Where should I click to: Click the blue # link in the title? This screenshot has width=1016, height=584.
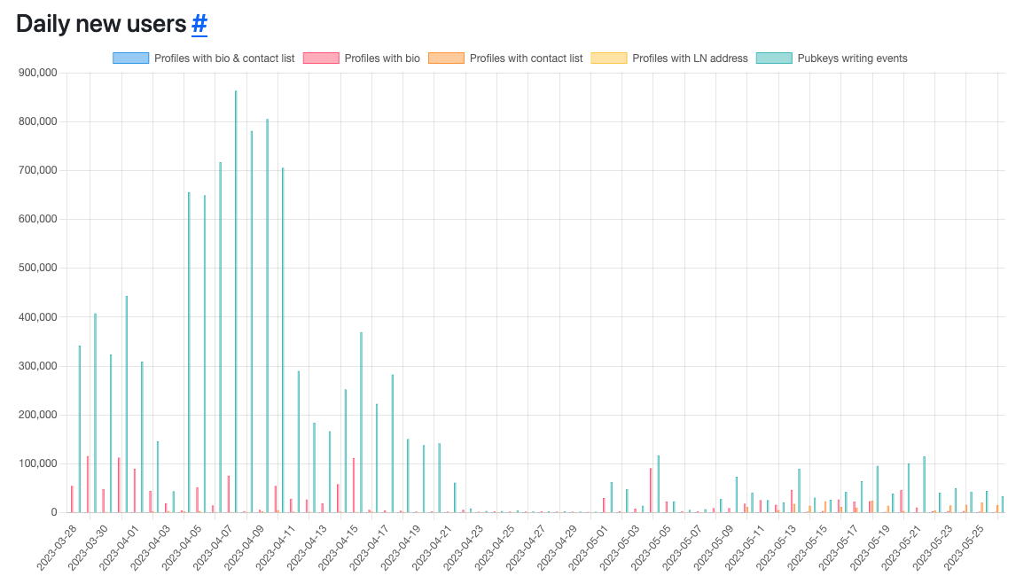click(199, 24)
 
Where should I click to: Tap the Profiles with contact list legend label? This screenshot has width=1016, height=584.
click(526, 58)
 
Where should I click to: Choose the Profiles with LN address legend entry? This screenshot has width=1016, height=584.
click(690, 58)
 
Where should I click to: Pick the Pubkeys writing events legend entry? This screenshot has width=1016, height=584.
click(852, 58)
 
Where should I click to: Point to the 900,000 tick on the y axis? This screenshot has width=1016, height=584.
click(37, 73)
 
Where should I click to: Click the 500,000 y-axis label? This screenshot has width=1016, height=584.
click(37, 269)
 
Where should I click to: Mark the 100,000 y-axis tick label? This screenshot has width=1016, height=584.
click(37, 463)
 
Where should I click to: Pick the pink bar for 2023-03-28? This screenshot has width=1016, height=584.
click(72, 499)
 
